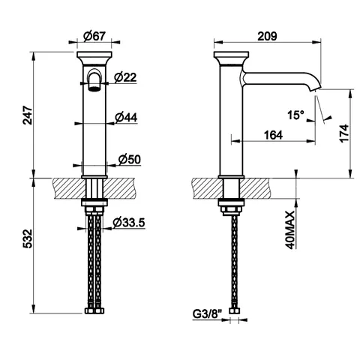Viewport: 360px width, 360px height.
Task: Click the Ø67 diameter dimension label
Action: pos(94,36)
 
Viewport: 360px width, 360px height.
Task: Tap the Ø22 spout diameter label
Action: pos(125,77)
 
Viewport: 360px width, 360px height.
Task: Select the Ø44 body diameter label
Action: pos(126,117)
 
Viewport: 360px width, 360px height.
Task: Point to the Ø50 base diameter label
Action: pos(130,159)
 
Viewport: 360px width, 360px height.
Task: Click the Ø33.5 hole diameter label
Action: pos(129,222)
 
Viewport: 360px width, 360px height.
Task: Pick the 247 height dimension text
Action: pos(28,115)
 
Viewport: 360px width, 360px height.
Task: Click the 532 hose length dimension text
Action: pos(28,238)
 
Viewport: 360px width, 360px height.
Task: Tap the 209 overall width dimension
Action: pos(267,36)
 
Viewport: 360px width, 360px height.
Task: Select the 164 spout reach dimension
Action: pos(273,135)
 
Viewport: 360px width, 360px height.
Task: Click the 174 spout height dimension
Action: pos(344,133)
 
